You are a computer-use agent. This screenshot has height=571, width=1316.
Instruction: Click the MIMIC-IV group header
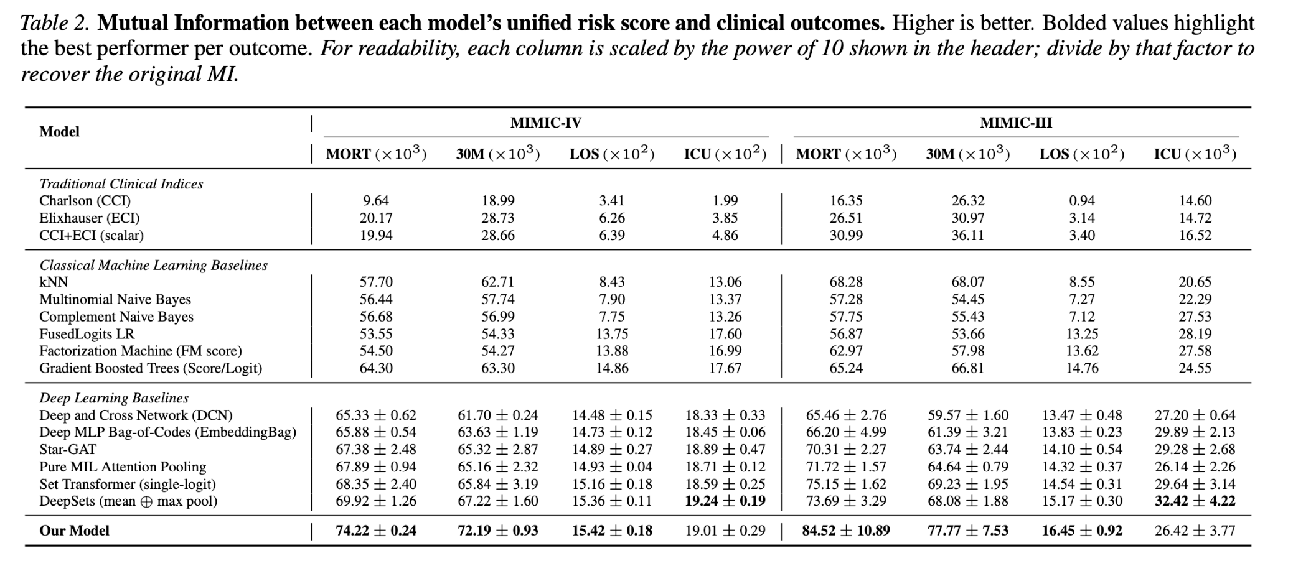pos(546,123)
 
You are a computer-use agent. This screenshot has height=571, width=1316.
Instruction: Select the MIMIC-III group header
pos(1016,123)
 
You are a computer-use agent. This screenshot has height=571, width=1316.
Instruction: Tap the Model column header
pos(59,131)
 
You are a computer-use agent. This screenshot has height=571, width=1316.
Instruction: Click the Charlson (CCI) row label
pos(85,200)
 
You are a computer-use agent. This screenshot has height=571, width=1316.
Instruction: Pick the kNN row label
pos(54,282)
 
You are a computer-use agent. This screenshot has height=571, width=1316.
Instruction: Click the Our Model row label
pos(74,531)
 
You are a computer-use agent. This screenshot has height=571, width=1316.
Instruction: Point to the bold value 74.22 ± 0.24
pos(376,531)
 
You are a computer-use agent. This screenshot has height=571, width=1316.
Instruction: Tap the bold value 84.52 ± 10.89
pos(846,531)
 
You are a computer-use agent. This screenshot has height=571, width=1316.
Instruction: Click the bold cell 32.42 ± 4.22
pos(1195,501)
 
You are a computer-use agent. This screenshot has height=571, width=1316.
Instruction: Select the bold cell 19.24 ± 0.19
pos(725,501)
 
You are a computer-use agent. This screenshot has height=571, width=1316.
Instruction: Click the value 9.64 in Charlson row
pos(376,200)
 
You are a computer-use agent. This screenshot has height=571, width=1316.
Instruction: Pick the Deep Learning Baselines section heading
pos(114,397)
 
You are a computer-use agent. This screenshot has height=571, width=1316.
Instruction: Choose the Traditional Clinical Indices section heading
pos(121,183)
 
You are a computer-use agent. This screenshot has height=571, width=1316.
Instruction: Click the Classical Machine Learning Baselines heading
pos(153,265)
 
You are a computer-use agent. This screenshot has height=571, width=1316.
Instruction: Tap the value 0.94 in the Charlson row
pos(1082,200)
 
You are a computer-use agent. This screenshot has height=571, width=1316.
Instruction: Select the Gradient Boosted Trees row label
pos(151,368)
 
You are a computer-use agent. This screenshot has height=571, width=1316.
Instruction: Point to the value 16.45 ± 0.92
pos(1082,531)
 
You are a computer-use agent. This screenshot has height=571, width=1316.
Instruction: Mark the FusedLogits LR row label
pos(87,334)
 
